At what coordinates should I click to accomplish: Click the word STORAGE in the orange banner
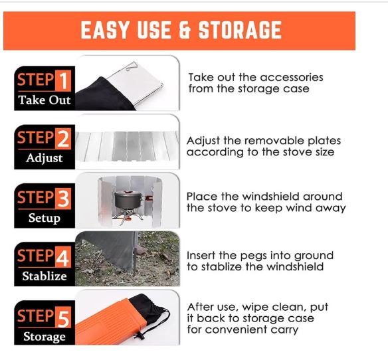click(x=240, y=30)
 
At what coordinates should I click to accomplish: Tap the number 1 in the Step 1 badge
click(x=63, y=80)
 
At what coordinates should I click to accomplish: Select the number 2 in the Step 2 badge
click(x=63, y=139)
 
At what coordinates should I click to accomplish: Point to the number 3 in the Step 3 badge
click(x=63, y=198)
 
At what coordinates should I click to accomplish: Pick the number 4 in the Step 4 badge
click(x=63, y=257)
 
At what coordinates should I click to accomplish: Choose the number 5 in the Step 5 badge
click(x=63, y=317)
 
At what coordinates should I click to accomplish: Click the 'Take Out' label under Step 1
click(x=45, y=100)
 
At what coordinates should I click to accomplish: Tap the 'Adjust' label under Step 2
click(x=45, y=158)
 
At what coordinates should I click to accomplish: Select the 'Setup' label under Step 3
click(x=45, y=219)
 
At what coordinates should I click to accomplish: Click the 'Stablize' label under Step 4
click(x=45, y=276)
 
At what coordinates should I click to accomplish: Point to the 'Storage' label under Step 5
click(x=45, y=337)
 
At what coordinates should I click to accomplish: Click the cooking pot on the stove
click(x=129, y=200)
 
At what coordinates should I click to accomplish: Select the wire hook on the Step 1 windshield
click(x=131, y=66)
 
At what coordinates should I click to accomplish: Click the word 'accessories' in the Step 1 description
click(x=292, y=78)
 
